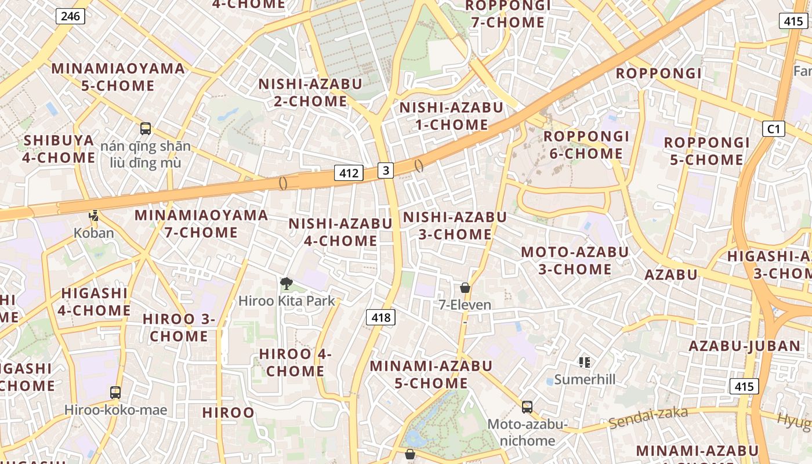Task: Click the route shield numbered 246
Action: (x=70, y=16)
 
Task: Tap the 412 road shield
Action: (x=349, y=172)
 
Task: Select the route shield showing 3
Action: (x=386, y=170)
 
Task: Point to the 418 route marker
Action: (x=380, y=317)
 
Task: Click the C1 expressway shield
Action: (x=774, y=129)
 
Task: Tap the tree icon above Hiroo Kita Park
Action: (x=286, y=284)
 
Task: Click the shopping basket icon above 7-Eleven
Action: (x=465, y=288)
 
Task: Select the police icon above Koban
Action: (x=93, y=216)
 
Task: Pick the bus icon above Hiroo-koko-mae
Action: (x=115, y=393)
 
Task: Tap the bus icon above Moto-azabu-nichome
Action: (x=527, y=407)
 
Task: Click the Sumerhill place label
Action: (x=584, y=379)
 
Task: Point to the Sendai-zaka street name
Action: (x=648, y=419)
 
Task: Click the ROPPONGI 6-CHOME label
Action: (x=586, y=145)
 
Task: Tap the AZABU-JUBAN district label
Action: (x=744, y=346)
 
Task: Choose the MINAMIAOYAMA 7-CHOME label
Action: (x=201, y=224)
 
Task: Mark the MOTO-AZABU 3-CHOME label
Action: (x=574, y=260)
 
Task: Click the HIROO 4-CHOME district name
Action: (x=295, y=362)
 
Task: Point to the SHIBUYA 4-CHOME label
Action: (x=59, y=149)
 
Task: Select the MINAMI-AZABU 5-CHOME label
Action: (x=431, y=374)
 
